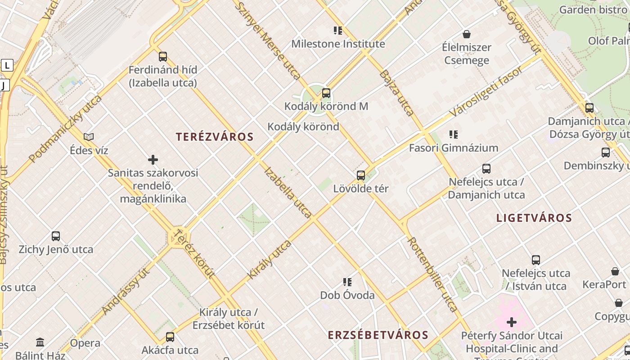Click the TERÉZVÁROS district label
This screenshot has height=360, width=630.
tap(215, 137)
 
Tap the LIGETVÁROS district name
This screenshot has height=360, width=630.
tap(534, 218)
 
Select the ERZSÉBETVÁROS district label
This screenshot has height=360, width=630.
tap(378, 335)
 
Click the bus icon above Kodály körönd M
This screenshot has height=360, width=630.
tap(326, 94)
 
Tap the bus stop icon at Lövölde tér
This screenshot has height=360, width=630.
tap(360, 175)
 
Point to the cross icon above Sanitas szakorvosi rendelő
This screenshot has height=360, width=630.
tap(153, 160)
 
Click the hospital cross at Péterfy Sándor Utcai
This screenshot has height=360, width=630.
tap(511, 322)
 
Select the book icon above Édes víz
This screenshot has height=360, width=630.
tap(89, 137)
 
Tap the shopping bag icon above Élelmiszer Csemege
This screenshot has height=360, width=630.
tap(467, 34)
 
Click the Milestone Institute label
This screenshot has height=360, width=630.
tap(338, 44)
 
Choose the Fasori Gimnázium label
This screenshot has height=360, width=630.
tap(453, 148)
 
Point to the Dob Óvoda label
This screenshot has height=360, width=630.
tap(347, 295)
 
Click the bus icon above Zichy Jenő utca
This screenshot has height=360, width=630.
tap(56, 236)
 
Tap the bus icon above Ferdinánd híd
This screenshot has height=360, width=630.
tap(163, 57)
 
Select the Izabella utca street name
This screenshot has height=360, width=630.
tap(288, 193)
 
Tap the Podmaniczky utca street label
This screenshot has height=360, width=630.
tap(65, 129)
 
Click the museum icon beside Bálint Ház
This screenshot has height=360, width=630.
tap(40, 342)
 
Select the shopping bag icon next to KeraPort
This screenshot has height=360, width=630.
tap(615, 271)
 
